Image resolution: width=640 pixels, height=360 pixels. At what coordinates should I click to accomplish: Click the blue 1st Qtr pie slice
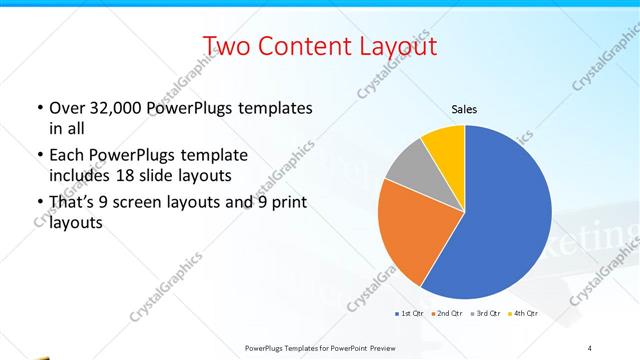pyautogui.click(x=500, y=220)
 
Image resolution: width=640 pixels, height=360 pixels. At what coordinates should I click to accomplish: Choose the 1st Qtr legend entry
pyautogui.click(x=409, y=314)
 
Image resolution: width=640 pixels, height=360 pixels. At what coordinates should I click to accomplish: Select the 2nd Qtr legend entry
pyautogui.click(x=445, y=314)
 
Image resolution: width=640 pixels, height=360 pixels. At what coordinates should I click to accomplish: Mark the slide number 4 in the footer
pyautogui.click(x=589, y=347)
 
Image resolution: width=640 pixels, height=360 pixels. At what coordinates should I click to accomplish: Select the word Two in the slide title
pyautogui.click(x=229, y=46)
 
